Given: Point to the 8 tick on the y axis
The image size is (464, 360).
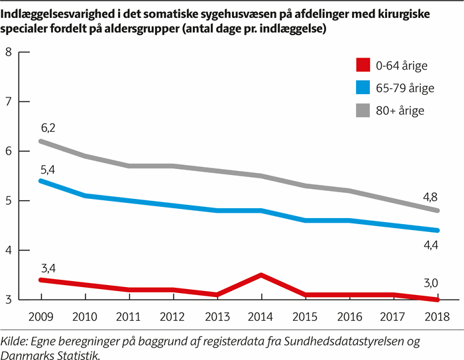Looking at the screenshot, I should [x=9, y=52].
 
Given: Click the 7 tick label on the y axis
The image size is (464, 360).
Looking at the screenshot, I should [x=9, y=101].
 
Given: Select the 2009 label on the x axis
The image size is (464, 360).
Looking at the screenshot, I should [x=41, y=316].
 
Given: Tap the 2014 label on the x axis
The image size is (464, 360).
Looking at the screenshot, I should [x=262, y=316].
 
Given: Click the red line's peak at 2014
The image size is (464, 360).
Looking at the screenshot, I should [x=262, y=275].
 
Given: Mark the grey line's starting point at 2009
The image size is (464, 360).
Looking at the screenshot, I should [x=41, y=141].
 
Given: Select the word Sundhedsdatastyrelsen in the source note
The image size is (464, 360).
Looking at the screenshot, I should [x=347, y=341].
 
